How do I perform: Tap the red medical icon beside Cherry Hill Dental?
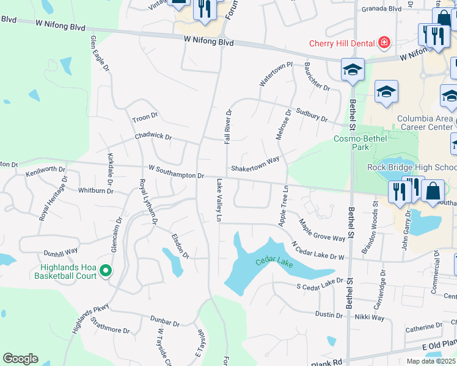(384, 43)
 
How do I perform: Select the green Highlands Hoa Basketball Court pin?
(106, 270)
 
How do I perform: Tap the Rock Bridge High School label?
(411, 167)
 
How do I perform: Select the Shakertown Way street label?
(255, 163)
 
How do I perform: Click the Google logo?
(20, 359)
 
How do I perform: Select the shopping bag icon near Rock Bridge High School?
(433, 191)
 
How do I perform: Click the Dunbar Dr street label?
(166, 323)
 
